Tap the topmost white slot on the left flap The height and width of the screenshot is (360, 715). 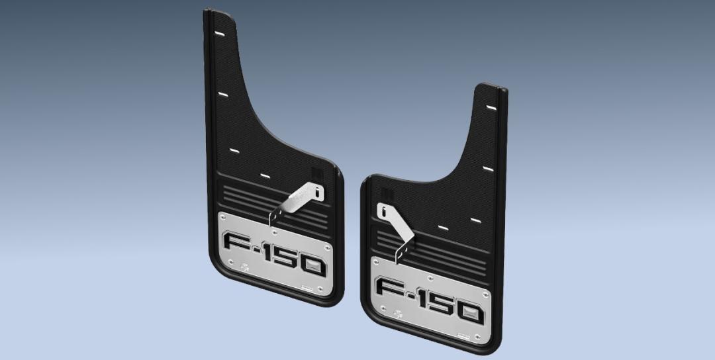point(220,32)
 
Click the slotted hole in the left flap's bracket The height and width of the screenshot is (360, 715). point(320,193)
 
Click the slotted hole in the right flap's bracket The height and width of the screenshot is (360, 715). point(383,210)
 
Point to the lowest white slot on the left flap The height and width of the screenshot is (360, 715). point(264,175)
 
